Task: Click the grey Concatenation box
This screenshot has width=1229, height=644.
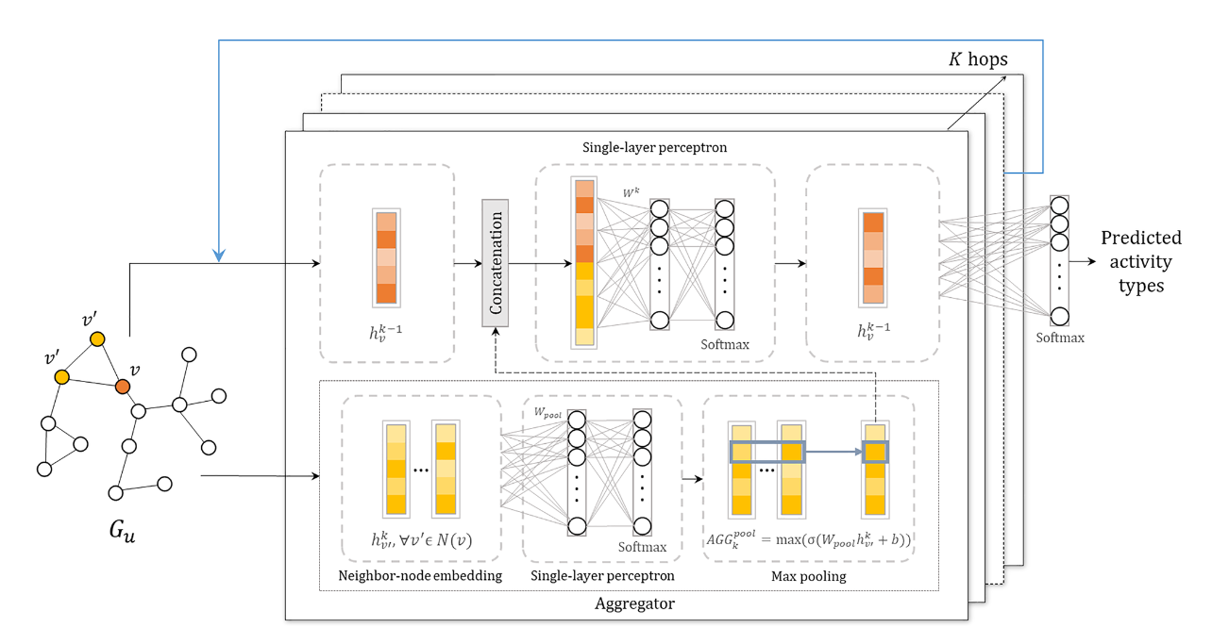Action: [495, 263]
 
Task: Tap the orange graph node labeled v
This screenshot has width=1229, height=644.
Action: [122, 386]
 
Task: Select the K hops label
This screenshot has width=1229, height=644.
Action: [978, 59]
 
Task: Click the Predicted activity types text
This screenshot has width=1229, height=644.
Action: [1140, 261]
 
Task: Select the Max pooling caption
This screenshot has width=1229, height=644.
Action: [807, 575]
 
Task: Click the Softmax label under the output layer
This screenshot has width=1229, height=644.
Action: [1060, 337]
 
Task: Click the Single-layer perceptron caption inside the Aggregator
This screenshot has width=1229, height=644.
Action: [601, 575]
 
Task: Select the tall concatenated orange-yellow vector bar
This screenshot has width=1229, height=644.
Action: [584, 262]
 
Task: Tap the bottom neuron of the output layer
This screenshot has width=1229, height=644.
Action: [1060, 316]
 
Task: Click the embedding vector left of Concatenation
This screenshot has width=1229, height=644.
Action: [386, 257]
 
